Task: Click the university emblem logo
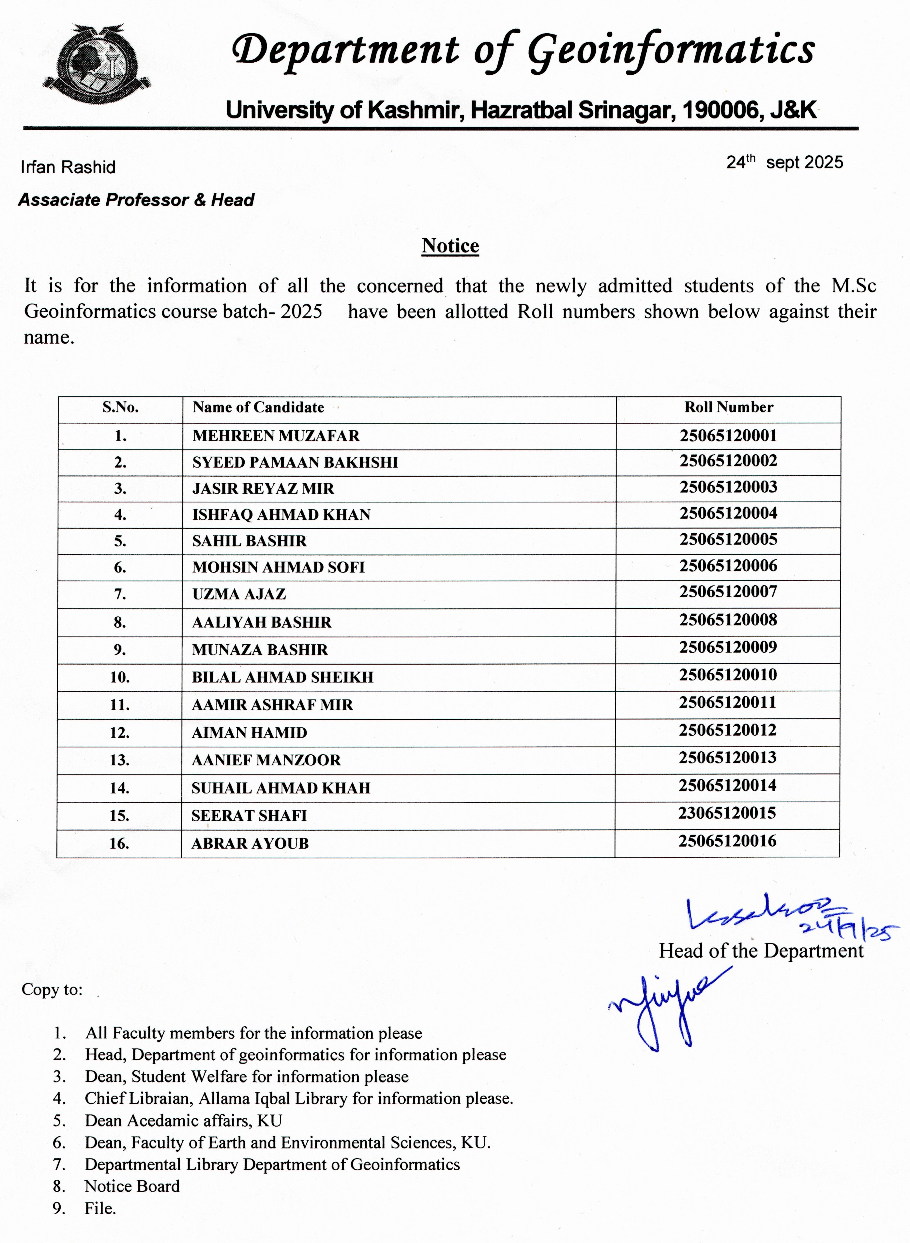[97, 65]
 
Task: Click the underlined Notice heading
[450, 246]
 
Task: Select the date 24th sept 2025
[784, 162]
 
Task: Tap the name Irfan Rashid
[68, 167]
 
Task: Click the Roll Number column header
[728, 407]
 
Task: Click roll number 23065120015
[727, 813]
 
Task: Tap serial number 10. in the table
[119, 677]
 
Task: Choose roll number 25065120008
[728, 620]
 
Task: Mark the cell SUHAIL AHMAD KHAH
[281, 788]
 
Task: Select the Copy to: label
[52, 990]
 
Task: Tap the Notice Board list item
[132, 1186]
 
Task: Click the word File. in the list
[100, 1208]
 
